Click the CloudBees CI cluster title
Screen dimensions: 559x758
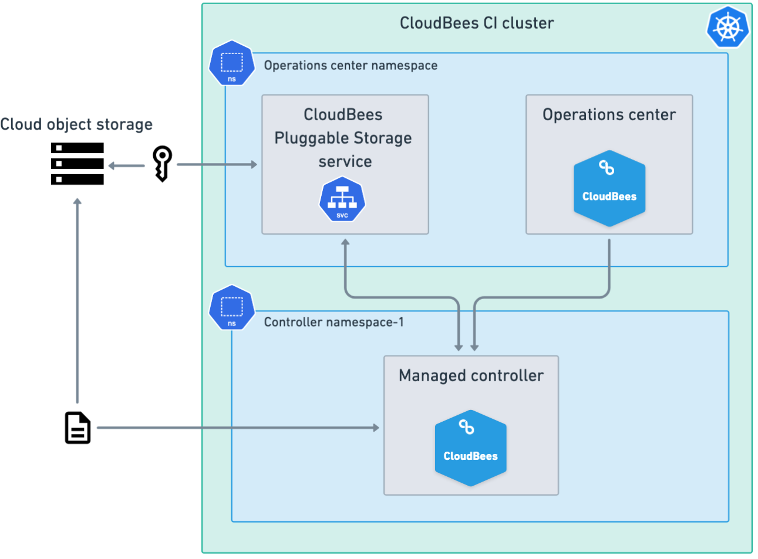476,23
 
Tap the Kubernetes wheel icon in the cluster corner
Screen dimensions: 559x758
727,27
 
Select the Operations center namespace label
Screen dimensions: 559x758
351,65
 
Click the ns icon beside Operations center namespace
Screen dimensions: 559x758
232,63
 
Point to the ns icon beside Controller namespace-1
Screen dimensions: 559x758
232,307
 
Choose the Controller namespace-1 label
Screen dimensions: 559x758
333,322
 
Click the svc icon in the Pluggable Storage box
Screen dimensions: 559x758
342,201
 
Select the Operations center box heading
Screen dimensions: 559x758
609,114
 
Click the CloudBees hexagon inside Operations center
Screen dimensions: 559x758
609,188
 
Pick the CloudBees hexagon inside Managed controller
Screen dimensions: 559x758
470,448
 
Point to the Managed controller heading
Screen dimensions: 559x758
471,375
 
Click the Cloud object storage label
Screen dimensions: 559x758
76,124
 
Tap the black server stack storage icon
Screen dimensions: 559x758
78,164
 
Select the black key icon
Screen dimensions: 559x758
162,163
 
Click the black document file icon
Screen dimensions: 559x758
78,428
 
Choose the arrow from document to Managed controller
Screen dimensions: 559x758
235,428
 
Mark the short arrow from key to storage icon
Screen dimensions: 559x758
126,165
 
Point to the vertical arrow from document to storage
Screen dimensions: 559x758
78,299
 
